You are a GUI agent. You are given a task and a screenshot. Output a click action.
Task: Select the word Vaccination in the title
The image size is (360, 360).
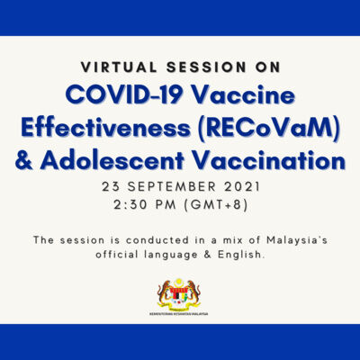[270, 162]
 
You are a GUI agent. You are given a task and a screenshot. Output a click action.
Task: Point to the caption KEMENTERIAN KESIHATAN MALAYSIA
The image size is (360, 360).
[179, 314]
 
